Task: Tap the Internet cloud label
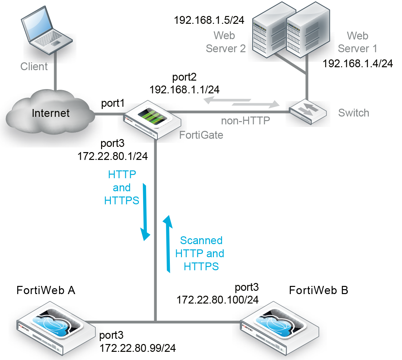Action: click(51, 113)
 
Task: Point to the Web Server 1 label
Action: click(357, 42)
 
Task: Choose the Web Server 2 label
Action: click(225, 42)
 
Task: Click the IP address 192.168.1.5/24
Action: click(209, 20)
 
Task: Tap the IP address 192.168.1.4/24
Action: click(358, 63)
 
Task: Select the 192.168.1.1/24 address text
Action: click(184, 89)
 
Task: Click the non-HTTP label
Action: click(246, 121)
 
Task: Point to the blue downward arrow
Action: click(145, 212)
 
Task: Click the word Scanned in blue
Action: click(201, 241)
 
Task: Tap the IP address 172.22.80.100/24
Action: click(217, 300)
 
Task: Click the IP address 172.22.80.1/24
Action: click(113, 156)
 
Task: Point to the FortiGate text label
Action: click(201, 135)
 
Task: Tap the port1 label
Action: click(113, 103)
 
